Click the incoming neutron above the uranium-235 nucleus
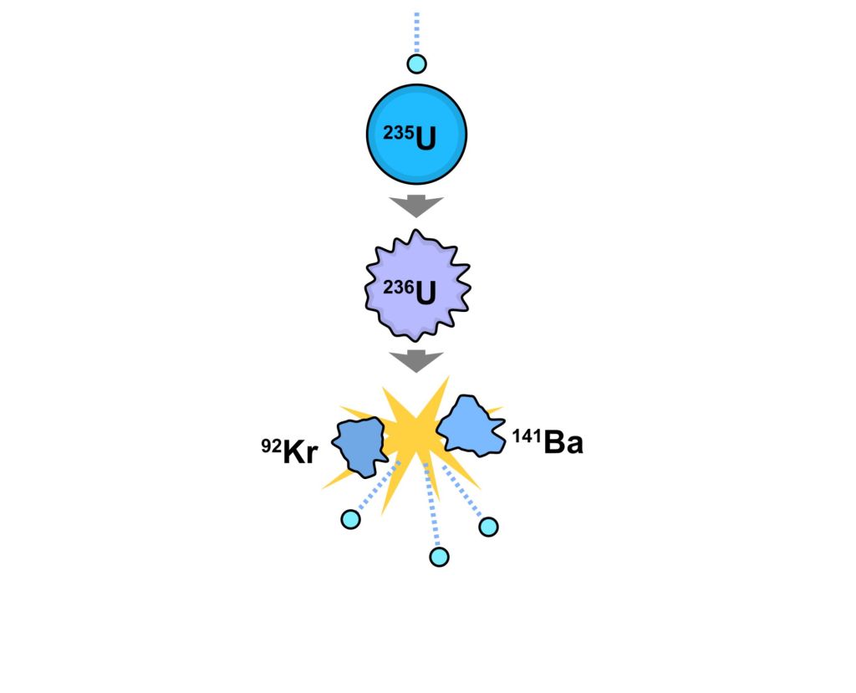[416, 64]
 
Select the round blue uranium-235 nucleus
[416, 135]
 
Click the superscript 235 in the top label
[399, 133]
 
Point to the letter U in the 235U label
[425, 140]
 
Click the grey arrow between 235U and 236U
[416, 206]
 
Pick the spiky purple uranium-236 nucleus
[418, 286]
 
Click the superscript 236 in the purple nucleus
[399, 287]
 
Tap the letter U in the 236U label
[425, 294]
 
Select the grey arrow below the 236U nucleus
[416, 361]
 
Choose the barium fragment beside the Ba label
[471, 426]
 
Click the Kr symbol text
[300, 453]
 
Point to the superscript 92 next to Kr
[272, 446]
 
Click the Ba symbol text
[563, 442]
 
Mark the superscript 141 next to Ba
[527, 436]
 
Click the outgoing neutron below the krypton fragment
[350, 519]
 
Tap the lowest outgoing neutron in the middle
[440, 557]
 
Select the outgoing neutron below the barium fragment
[488, 527]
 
